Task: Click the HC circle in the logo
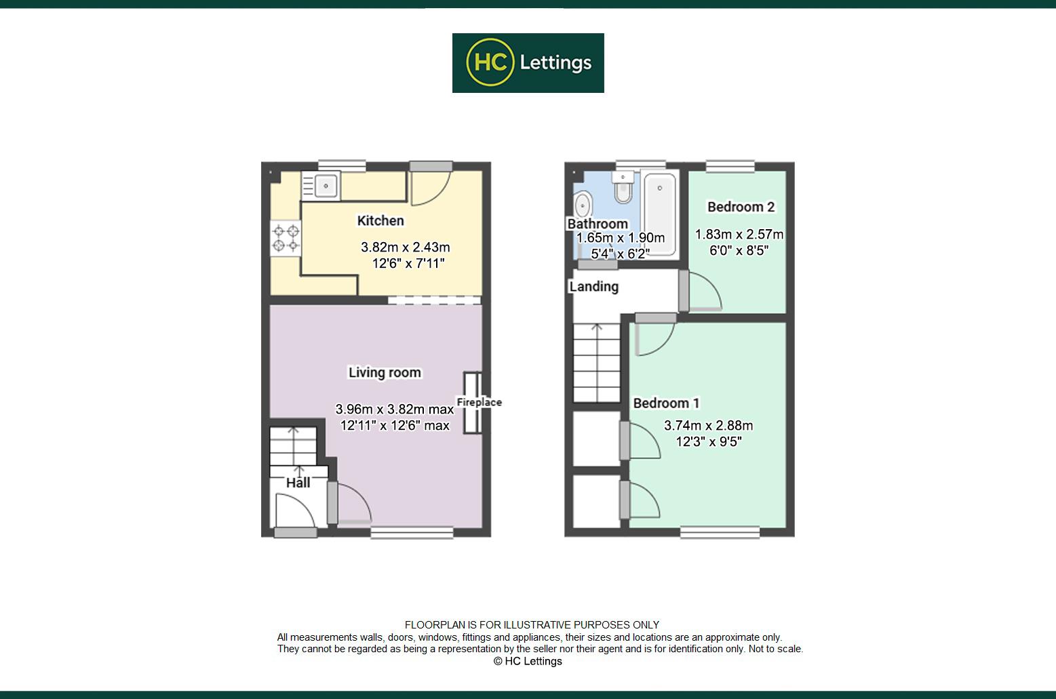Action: click(x=490, y=62)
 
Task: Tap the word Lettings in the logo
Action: click(x=555, y=63)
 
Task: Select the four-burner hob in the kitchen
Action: click(x=286, y=239)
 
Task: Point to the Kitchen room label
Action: click(x=380, y=220)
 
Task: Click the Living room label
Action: click(x=385, y=372)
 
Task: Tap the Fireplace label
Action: click(x=479, y=402)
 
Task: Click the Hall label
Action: click(x=298, y=483)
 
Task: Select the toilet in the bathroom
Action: click(x=623, y=186)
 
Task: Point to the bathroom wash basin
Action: click(x=583, y=206)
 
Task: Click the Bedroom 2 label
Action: click(x=741, y=207)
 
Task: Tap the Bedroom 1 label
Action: click(x=666, y=403)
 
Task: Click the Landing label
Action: click(x=593, y=287)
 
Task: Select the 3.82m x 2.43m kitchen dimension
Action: click(x=406, y=247)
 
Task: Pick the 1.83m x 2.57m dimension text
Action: click(x=739, y=235)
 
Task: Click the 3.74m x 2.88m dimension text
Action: click(x=709, y=426)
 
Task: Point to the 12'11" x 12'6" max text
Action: click(x=395, y=426)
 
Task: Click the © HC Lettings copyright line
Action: click(x=528, y=661)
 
